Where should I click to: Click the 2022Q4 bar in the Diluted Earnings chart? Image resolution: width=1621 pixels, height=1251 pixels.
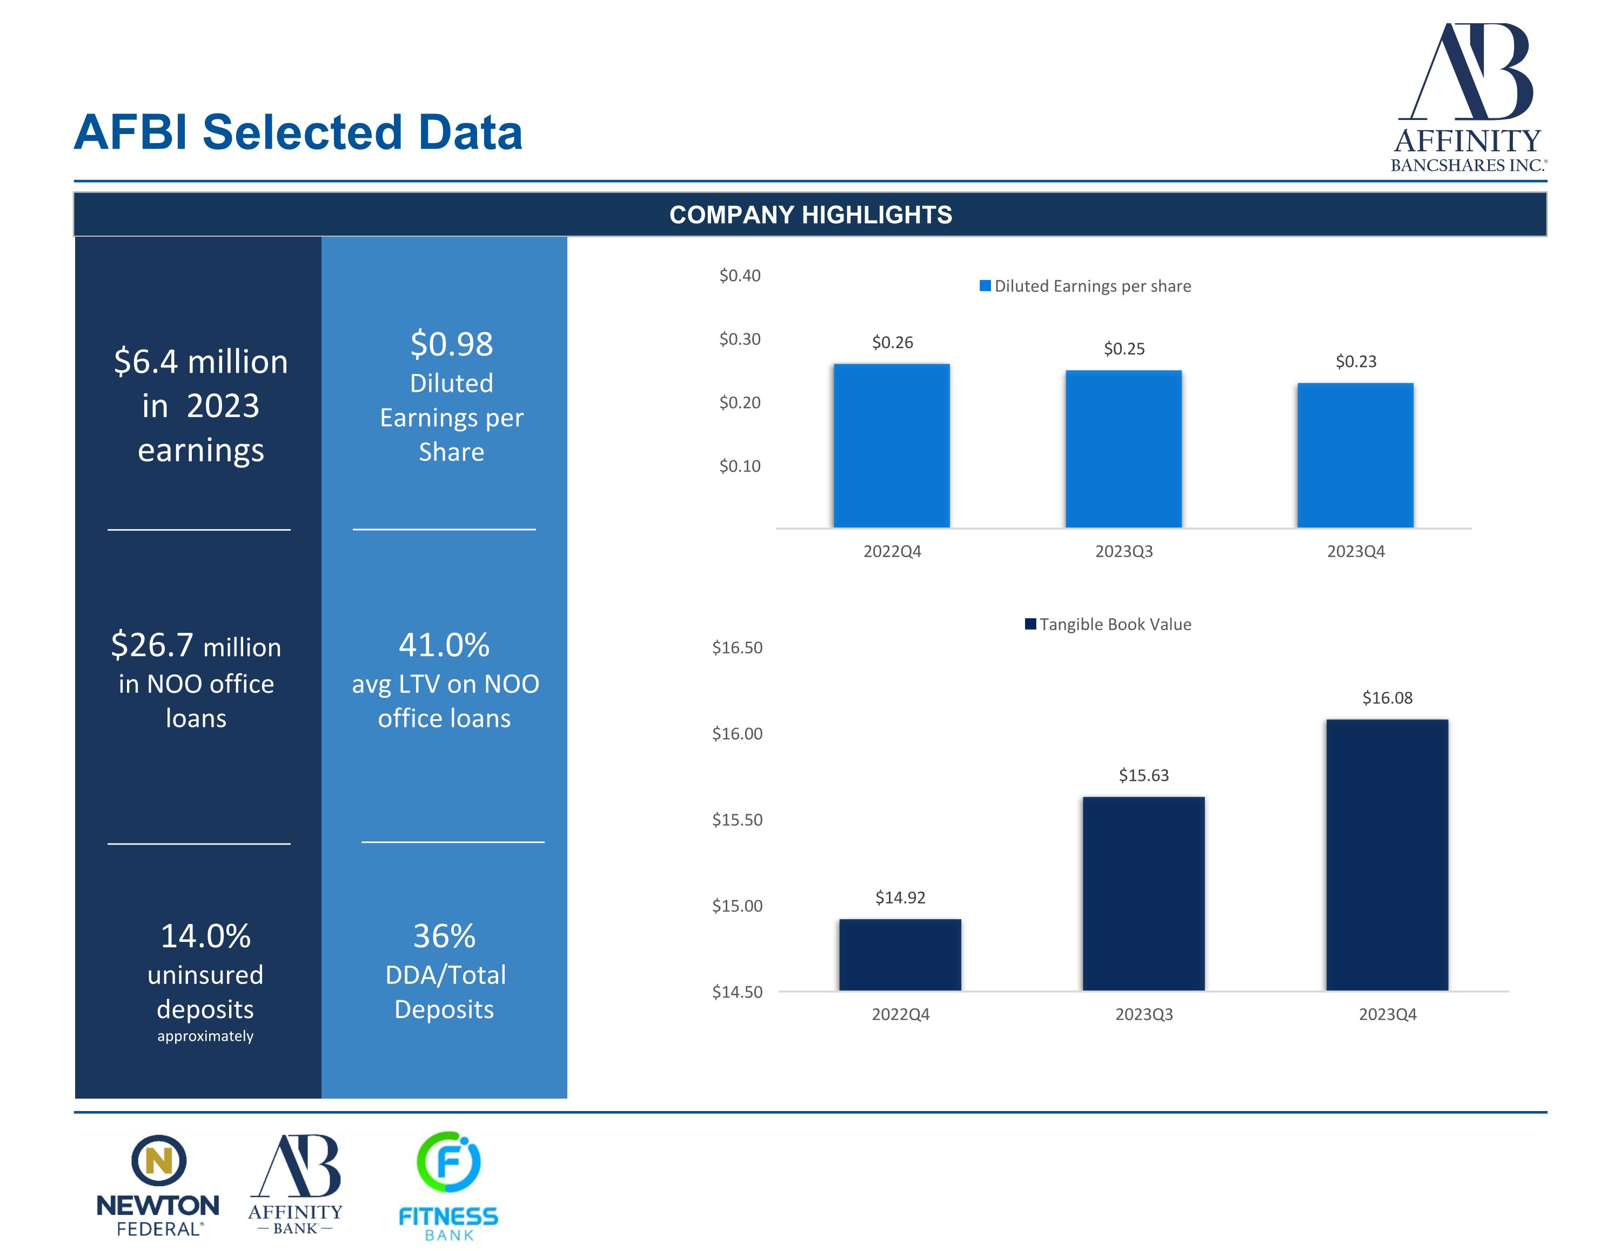point(892,445)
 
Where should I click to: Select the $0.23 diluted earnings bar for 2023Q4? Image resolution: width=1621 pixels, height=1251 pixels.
point(1355,455)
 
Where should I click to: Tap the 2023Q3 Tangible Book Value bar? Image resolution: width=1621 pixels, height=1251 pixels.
point(1143,893)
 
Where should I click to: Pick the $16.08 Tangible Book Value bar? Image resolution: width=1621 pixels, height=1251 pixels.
point(1386,854)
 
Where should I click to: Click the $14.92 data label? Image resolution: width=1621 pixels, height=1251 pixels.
point(900,898)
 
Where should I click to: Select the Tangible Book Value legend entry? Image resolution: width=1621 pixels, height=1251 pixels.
point(1108,624)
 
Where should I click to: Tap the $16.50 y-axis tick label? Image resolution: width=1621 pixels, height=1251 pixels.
point(737,647)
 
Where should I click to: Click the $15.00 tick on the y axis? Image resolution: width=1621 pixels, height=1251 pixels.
point(737,906)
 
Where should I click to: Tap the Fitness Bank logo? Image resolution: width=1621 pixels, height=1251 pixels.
point(448,1186)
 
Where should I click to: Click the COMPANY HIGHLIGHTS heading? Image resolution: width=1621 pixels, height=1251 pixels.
point(810,215)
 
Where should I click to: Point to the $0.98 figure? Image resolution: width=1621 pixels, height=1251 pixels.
point(451,344)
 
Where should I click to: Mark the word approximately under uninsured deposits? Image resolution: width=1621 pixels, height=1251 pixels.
point(205,1036)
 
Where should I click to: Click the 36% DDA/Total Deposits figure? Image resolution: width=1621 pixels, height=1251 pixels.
point(444,936)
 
